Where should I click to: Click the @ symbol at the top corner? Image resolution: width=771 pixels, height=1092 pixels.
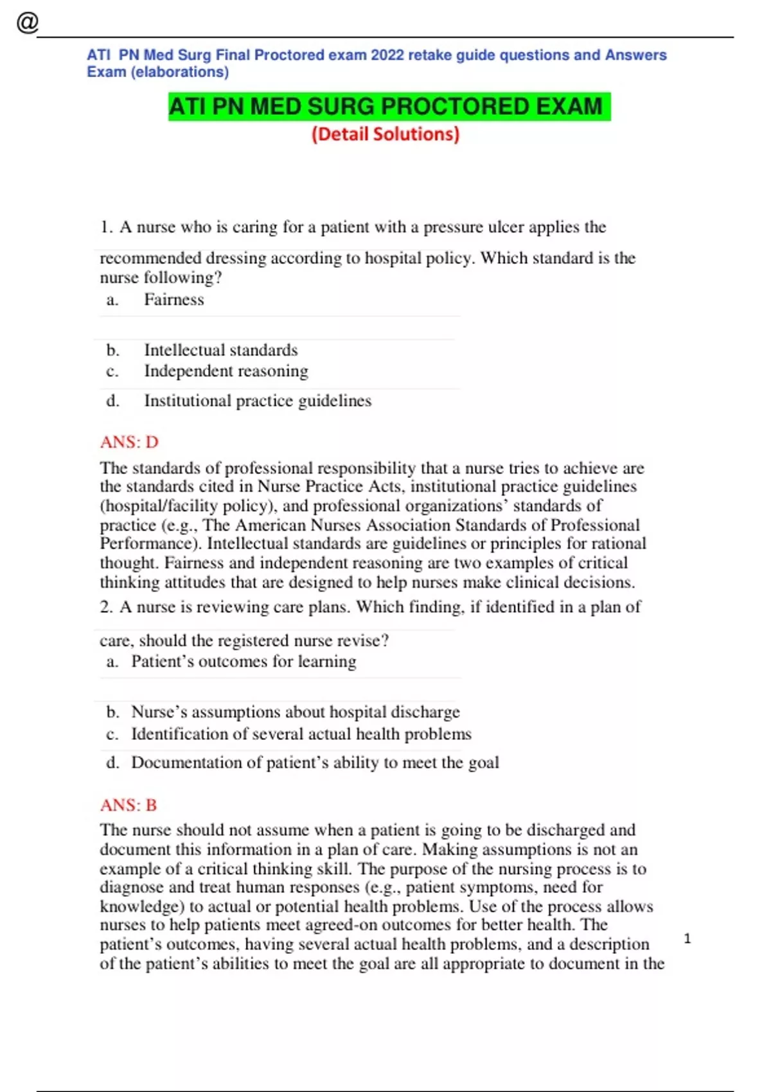pos(28,22)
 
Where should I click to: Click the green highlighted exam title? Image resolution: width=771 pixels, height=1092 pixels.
pos(388,107)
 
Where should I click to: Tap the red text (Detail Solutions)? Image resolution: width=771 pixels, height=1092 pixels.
pos(385,134)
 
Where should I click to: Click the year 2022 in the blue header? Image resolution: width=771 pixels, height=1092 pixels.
pos(387,55)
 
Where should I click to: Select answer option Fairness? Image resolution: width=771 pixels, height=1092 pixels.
pos(173,300)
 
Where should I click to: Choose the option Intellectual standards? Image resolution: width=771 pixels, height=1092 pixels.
pos(220,350)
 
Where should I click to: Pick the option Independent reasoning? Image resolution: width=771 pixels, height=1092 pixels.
pos(226,371)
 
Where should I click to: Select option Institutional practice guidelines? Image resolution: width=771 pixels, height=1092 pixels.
pos(257,401)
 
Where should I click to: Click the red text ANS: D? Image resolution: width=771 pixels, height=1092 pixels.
pos(129,442)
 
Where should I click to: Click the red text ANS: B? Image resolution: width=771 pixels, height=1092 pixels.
pos(128,805)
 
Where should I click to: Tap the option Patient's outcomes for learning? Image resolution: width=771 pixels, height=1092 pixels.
pos(244,662)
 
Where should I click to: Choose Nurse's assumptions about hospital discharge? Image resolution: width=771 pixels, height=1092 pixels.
pos(295,712)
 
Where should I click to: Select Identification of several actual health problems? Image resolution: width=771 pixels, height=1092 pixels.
pos(301,734)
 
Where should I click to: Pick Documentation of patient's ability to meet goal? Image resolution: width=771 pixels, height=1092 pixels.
pos(315,762)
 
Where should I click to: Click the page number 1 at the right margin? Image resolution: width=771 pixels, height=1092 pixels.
pos(687,939)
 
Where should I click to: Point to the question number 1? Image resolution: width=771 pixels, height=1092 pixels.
pos(106,227)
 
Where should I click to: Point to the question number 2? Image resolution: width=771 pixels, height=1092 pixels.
pos(106,607)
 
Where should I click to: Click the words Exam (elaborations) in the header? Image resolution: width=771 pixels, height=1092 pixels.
pos(158,72)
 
